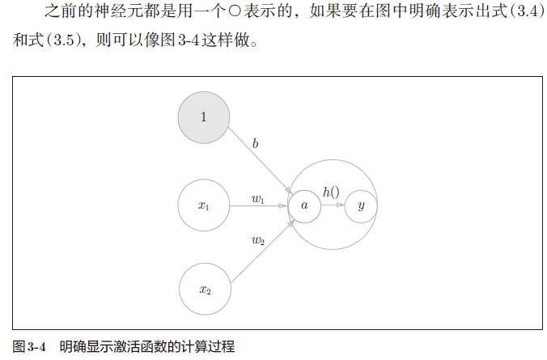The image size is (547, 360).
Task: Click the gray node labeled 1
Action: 204,117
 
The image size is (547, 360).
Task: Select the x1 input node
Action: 204,205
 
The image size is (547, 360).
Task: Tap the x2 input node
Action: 204,289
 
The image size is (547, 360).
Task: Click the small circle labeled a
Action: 304,205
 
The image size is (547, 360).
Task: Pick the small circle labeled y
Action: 361,205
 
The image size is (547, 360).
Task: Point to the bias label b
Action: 256,144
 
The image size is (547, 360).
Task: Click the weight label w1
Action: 257,198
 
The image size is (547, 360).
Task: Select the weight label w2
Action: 257,240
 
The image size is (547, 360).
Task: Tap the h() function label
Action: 331,192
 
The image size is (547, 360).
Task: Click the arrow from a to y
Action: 333,205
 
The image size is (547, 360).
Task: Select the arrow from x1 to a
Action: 259,205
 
